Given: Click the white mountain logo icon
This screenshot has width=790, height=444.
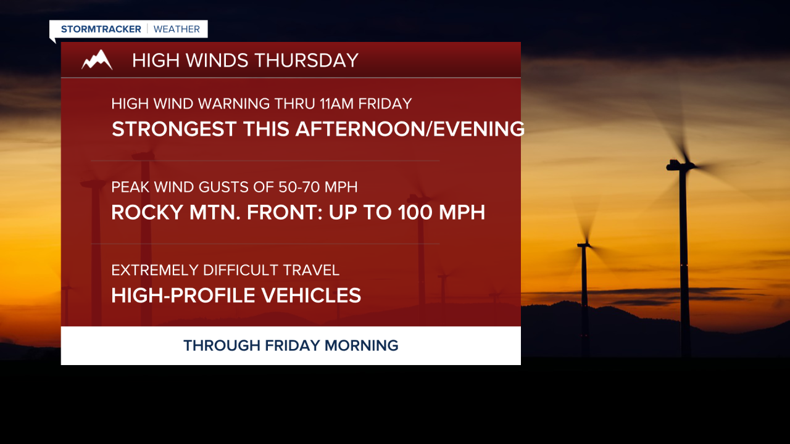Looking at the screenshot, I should click(x=97, y=60).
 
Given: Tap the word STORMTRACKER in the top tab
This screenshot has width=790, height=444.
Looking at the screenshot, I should click(x=101, y=29).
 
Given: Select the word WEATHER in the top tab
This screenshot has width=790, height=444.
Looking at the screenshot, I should click(x=177, y=29).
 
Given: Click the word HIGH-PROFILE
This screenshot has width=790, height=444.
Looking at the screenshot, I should click(x=183, y=296).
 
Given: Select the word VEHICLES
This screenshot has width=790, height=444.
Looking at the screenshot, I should click(x=311, y=296).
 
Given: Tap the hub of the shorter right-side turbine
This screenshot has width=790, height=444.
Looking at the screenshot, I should click(x=584, y=245).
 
